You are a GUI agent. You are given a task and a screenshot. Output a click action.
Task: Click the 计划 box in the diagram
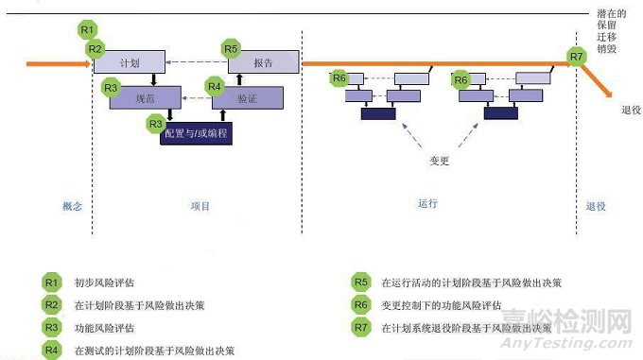click(x=130, y=63)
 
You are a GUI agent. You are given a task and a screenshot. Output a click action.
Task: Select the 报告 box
click(x=263, y=63)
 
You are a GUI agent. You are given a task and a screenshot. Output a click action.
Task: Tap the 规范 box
click(x=145, y=96)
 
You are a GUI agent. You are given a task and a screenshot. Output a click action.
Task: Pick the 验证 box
click(x=247, y=96)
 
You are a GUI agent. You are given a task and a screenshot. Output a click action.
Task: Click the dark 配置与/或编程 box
click(x=196, y=133)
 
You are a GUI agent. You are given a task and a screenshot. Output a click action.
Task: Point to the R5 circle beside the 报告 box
click(x=231, y=48)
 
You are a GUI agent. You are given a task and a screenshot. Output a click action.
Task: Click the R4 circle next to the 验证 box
click(x=215, y=86)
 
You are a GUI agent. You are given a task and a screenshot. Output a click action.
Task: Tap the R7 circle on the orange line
click(x=577, y=58)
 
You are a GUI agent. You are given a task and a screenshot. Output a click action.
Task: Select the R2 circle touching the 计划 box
click(x=95, y=48)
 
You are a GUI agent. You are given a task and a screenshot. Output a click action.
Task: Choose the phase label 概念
click(x=73, y=206)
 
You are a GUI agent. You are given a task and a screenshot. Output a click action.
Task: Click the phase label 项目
click(x=200, y=206)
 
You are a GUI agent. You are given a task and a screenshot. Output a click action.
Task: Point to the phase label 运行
click(x=427, y=204)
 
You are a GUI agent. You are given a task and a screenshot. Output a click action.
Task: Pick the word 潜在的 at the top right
click(x=612, y=14)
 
